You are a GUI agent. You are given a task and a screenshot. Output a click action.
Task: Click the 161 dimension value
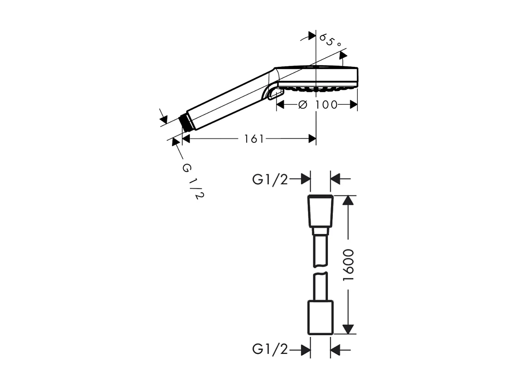tap(254, 139)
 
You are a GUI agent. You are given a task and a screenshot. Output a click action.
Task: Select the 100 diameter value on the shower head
tap(326, 105)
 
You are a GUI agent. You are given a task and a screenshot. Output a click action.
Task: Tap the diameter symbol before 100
tap(303, 105)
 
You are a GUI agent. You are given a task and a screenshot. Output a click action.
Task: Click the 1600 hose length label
tap(348, 265)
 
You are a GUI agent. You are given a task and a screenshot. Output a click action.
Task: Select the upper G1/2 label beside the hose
tap(270, 179)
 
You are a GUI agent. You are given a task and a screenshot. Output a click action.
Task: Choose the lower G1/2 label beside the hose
tap(270, 350)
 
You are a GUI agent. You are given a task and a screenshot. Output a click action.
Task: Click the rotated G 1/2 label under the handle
tap(193, 181)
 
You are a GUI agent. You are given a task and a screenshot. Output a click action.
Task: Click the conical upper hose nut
tap(320, 211)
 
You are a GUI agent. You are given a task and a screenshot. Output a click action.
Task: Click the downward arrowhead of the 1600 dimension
tap(348, 329)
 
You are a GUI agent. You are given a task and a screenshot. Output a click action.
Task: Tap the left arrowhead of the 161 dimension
tap(186, 139)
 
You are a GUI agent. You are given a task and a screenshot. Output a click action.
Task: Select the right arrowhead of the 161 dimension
tap(312, 139)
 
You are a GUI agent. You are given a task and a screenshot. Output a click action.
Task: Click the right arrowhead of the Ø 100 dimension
tap(354, 105)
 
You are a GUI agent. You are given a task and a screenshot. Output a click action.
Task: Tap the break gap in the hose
tap(320, 270)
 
